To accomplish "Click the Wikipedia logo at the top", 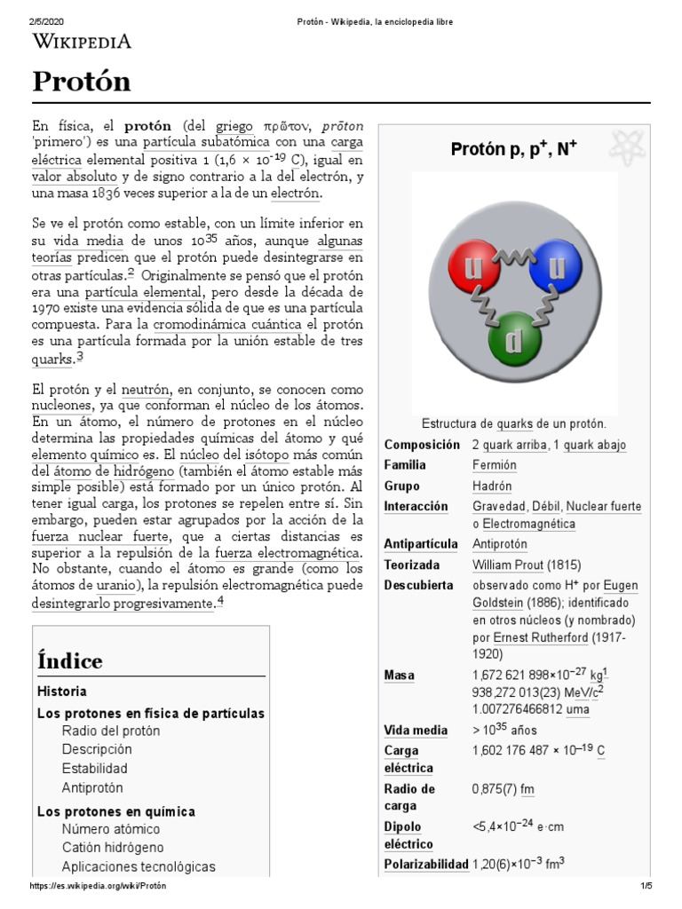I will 82,41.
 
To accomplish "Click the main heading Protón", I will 82,82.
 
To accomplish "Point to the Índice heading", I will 70,661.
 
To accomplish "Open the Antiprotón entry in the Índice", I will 92,787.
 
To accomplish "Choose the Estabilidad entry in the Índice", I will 94,768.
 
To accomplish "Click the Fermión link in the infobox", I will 495,465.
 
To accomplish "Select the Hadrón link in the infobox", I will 492,486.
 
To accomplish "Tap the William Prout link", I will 507,565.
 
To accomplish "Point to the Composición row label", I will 422,445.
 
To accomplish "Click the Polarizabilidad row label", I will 425,864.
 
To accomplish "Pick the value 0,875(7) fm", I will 503,789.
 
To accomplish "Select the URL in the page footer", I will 99,886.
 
